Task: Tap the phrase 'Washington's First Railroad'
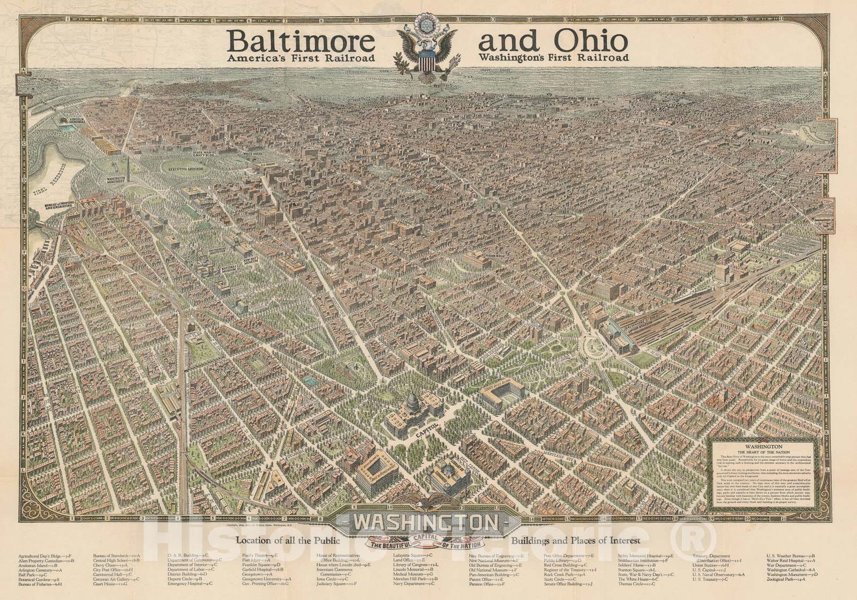pos(554,57)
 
